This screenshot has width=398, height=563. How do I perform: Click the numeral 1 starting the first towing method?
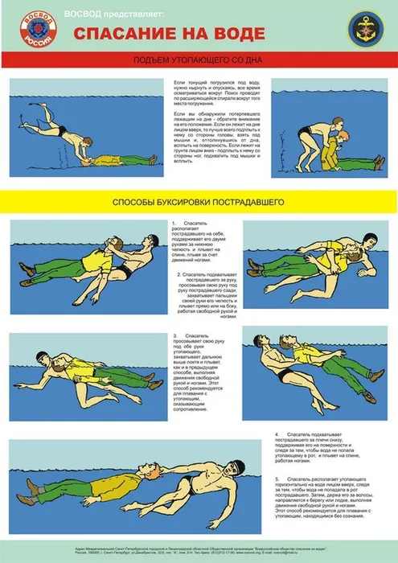click(x=174, y=222)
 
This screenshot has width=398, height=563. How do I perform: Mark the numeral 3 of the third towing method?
click(x=174, y=335)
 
